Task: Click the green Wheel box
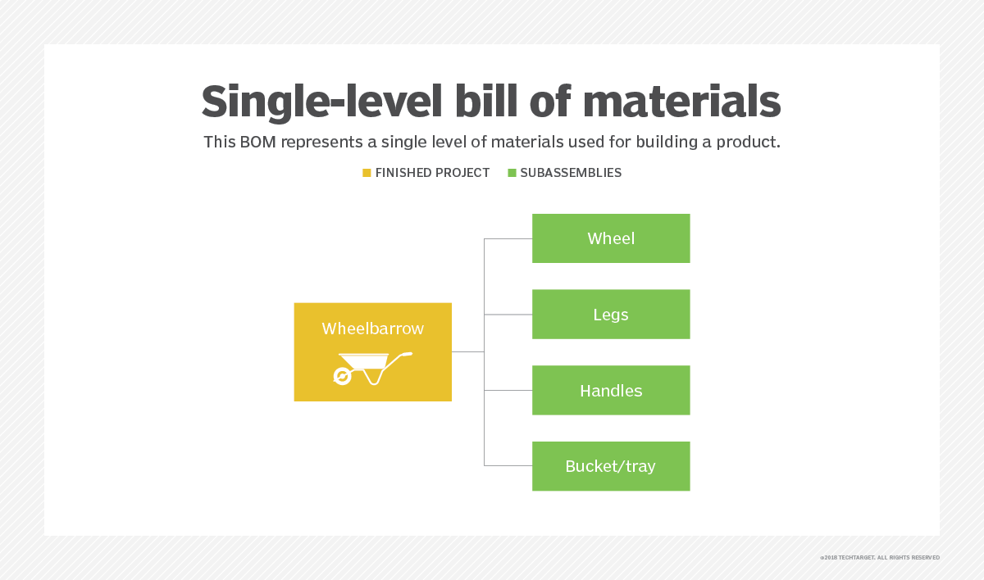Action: tap(611, 238)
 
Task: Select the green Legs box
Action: tap(611, 314)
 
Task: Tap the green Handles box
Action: tap(611, 390)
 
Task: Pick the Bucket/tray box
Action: tap(611, 466)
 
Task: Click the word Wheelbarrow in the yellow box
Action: tap(372, 329)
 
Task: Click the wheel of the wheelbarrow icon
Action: tap(342, 376)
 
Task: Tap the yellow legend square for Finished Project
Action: tap(367, 173)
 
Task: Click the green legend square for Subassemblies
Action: tap(512, 173)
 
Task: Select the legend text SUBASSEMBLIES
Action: tap(571, 173)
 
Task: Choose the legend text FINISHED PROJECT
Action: tap(432, 173)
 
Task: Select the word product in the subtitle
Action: tap(746, 143)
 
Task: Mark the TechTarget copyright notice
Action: tap(879, 558)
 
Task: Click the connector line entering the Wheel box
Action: tap(508, 238)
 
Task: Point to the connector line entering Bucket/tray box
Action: tap(508, 465)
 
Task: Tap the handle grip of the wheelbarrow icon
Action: tap(407, 354)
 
